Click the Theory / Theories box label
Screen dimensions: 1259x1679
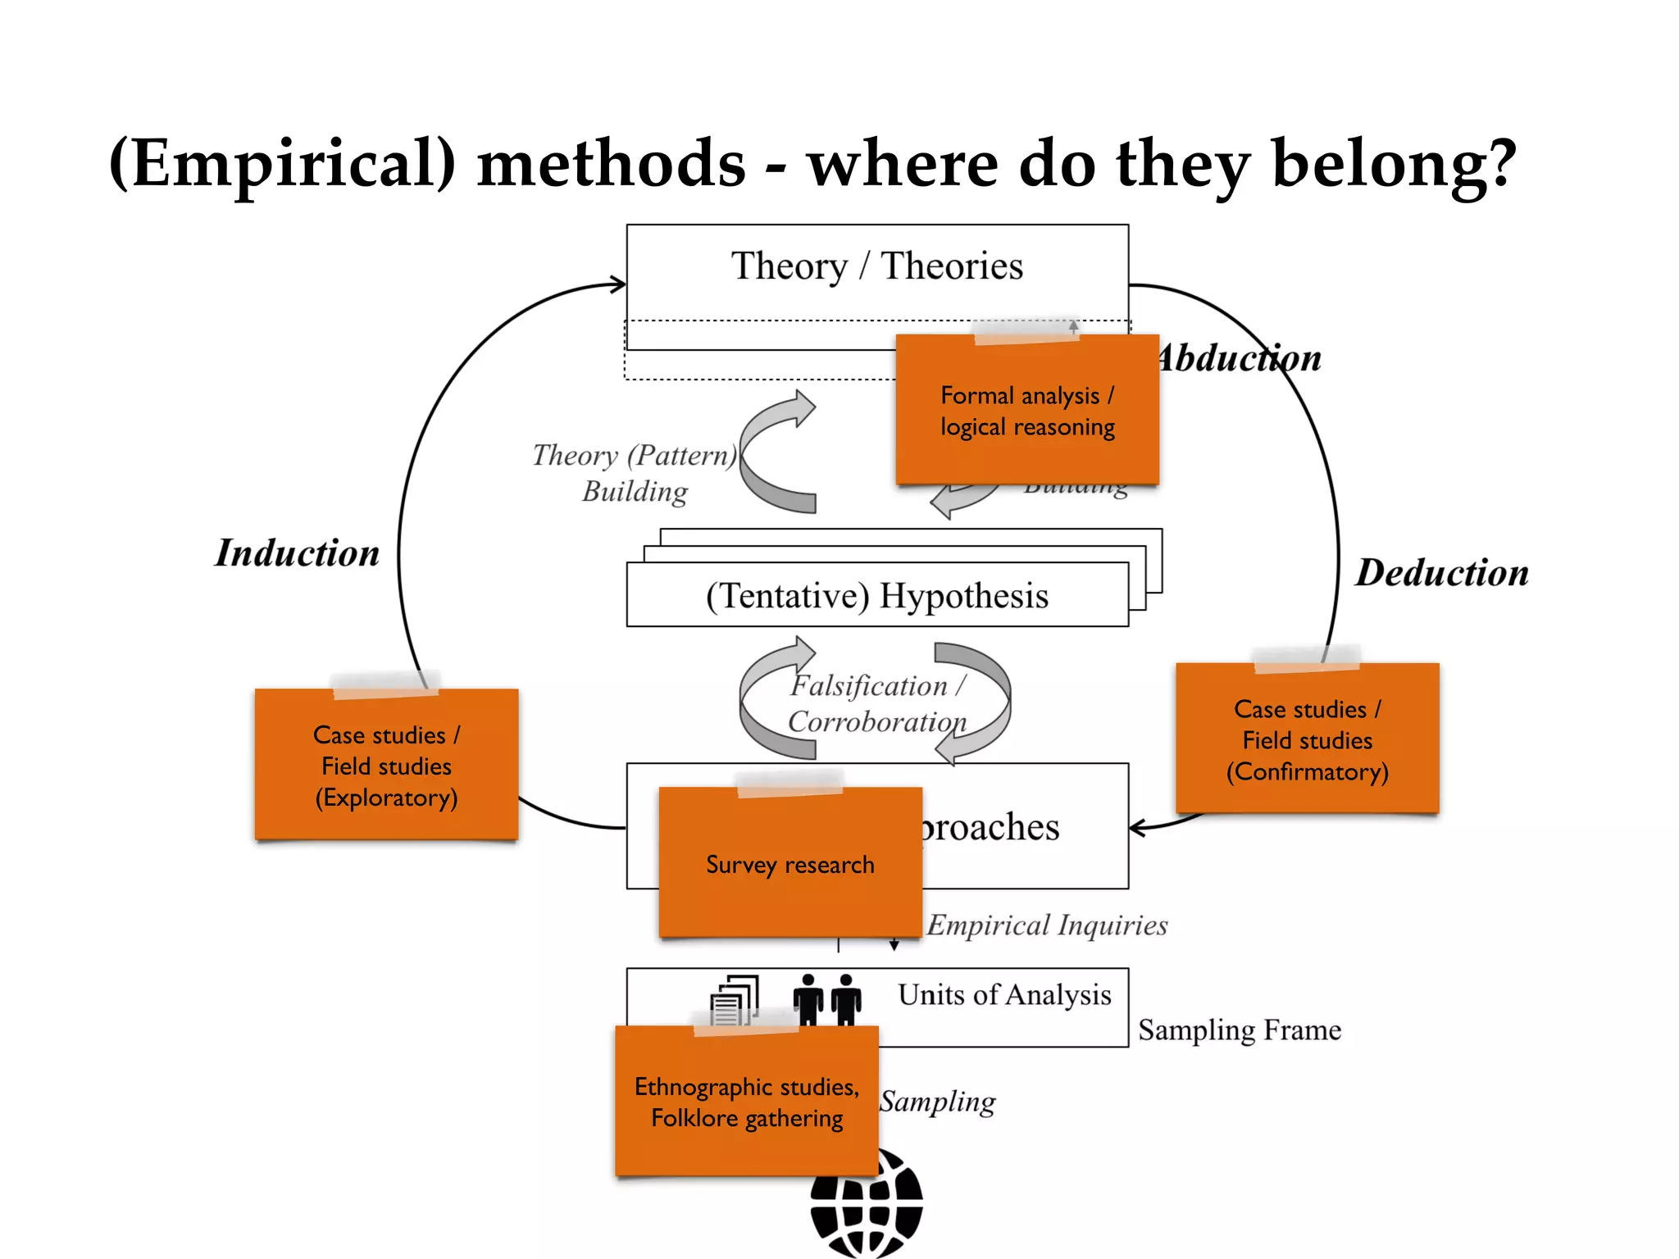pos(876,266)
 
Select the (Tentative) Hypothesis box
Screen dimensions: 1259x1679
pos(876,596)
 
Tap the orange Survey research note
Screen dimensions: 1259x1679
pos(790,864)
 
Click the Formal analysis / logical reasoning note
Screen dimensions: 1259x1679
pos(1026,411)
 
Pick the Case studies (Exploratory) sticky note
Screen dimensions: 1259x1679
pos(386,766)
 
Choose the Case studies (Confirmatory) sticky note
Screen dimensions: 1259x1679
pos(1307,739)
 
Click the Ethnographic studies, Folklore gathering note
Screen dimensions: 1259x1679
pos(746,1102)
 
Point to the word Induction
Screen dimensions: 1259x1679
pos(297,553)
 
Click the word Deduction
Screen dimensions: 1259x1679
pos(1441,573)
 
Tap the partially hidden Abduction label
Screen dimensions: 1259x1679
pos(1240,359)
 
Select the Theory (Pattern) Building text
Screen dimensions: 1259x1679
pos(635,473)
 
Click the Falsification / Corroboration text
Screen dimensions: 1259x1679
pos(877,703)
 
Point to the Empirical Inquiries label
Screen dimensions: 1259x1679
pos(1047,925)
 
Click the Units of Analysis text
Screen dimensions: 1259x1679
pos(1004,994)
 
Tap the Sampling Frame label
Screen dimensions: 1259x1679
pos(1239,1030)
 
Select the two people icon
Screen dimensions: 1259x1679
pos(826,999)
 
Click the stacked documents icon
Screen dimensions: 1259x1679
pos(735,999)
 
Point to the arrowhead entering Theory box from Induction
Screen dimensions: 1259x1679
pos(618,284)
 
